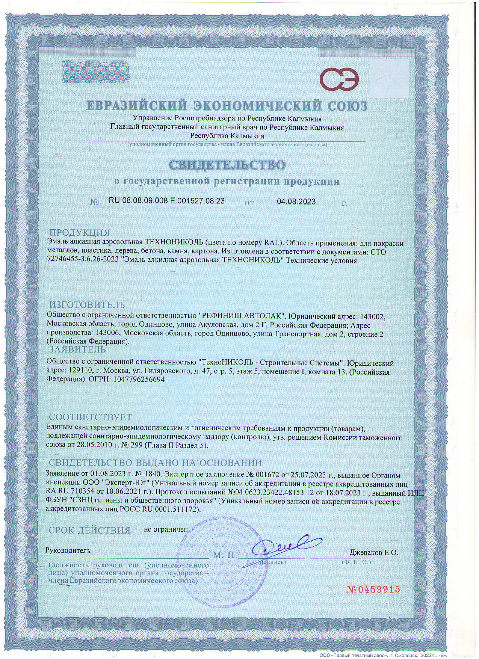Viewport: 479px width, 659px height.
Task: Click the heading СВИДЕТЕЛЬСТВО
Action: point(227,165)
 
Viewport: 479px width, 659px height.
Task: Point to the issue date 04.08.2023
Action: point(296,201)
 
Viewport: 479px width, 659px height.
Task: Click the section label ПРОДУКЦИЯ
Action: point(80,233)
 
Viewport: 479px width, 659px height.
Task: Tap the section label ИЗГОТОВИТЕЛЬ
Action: point(87,305)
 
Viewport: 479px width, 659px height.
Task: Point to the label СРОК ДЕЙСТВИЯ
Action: point(89,530)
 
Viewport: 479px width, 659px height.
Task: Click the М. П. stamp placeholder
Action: point(225,555)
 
